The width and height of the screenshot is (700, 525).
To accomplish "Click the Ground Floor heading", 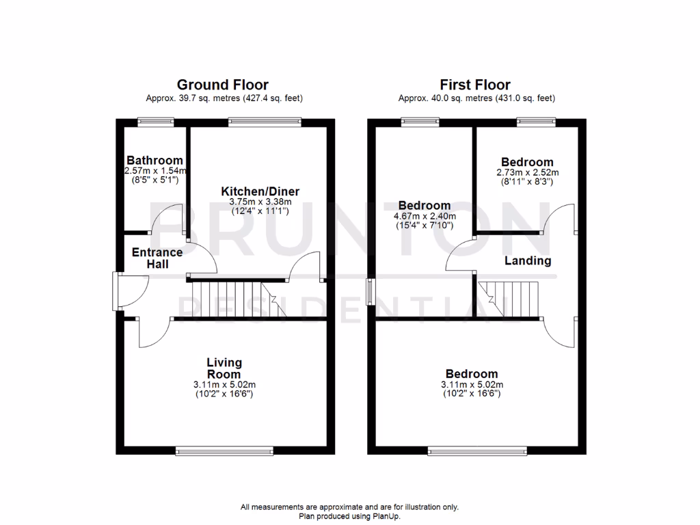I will click(x=222, y=85).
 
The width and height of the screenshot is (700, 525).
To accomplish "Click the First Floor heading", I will click(x=475, y=85).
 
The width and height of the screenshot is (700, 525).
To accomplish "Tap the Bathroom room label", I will click(x=154, y=161).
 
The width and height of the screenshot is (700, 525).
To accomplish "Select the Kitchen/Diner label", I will click(x=260, y=191).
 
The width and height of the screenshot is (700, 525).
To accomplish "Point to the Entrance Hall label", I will click(x=157, y=258).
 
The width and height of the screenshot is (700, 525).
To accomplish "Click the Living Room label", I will click(x=224, y=368).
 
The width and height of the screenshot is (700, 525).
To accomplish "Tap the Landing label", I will click(x=528, y=260).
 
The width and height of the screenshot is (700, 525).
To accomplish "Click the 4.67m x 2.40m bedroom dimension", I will click(x=425, y=216).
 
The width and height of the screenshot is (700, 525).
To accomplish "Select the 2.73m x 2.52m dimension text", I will click(x=527, y=173).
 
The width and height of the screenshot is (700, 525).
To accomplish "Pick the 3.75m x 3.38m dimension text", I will click(x=260, y=202).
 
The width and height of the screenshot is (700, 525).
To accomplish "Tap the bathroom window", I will click(x=154, y=122).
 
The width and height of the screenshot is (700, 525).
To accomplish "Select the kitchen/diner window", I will click(x=264, y=122).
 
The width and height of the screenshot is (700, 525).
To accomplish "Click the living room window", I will click(x=224, y=450).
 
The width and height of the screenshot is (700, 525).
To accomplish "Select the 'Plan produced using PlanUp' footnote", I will click(x=349, y=516).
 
